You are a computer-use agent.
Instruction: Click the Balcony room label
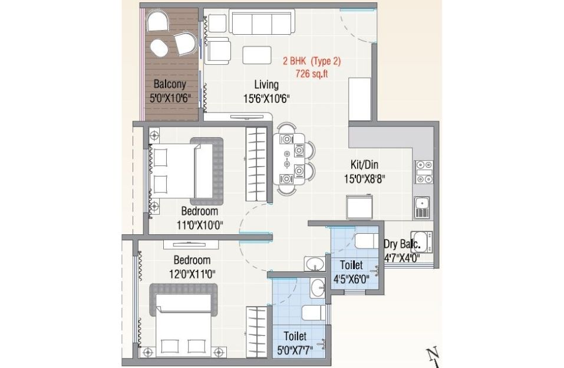coord(170,84)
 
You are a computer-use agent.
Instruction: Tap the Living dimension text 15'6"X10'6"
coord(266,98)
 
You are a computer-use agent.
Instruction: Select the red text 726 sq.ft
coord(312,74)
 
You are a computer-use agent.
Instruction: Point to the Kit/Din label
coord(364,165)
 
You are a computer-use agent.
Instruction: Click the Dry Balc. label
coord(402,244)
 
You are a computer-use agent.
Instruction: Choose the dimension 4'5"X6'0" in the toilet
coord(351,279)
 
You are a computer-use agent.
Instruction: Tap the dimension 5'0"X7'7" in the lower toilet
coord(295,349)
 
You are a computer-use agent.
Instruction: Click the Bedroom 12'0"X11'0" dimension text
coord(193,274)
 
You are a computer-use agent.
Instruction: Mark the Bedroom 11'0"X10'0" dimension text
coord(200,226)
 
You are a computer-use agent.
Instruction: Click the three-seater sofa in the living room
coord(262,22)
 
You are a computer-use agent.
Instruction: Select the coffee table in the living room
coord(257,55)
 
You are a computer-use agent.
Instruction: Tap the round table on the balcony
coord(159,48)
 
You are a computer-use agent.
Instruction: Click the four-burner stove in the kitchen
coord(424,172)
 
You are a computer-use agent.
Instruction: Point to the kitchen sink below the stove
coord(422,207)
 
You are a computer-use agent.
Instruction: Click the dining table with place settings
coord(289,159)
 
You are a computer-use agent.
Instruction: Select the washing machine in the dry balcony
coord(421,242)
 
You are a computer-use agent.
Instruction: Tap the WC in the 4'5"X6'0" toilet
coord(367,241)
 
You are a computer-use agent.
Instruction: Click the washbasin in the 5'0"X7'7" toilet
coord(318,289)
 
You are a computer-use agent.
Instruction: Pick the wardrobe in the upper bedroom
coord(256,164)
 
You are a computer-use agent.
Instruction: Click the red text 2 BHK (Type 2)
coord(312,61)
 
